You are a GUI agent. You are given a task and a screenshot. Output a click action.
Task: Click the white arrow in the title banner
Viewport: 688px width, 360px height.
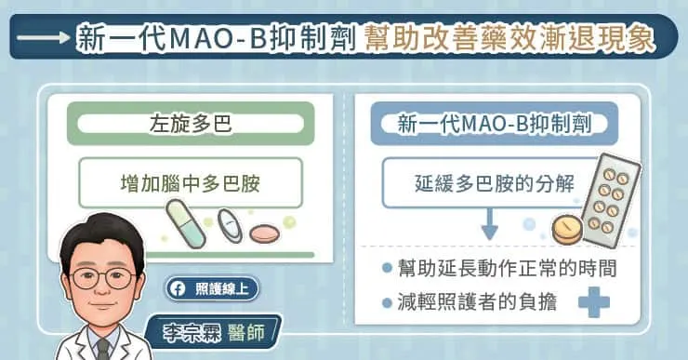click(x=46, y=40)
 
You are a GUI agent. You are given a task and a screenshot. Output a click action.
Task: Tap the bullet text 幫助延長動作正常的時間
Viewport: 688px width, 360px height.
click(x=508, y=270)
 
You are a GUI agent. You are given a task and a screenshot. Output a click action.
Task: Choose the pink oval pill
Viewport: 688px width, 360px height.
click(x=264, y=229)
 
